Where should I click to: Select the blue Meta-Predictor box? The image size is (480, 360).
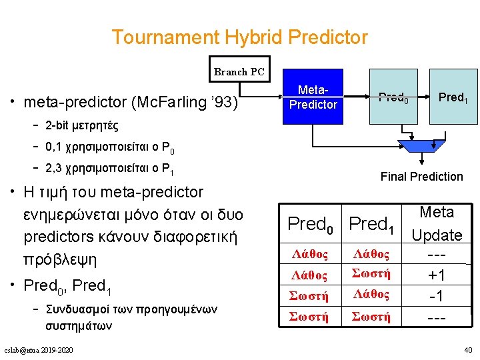pos(313,97)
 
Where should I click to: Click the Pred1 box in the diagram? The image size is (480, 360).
pos(453,97)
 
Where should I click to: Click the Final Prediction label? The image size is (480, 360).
pos(421,176)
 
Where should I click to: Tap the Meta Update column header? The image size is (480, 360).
pos(437,224)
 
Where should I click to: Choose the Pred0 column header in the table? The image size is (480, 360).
pos(310,225)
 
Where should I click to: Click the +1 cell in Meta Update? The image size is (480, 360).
pos(437,275)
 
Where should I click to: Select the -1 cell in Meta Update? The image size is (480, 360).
pos(437,295)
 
